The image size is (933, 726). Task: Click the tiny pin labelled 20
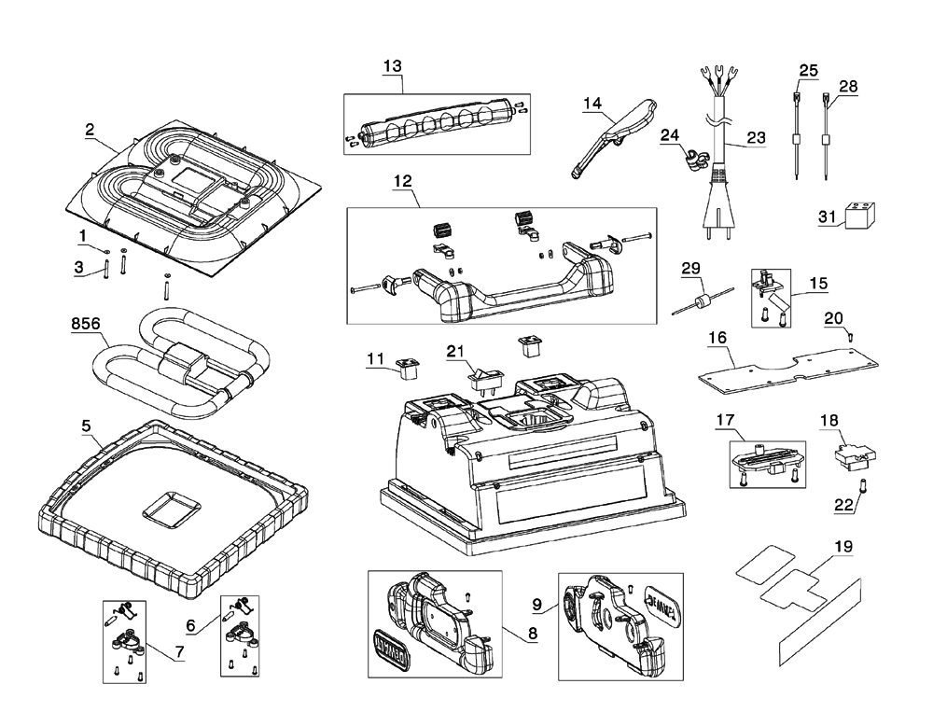click(x=851, y=334)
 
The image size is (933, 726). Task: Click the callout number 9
click(x=537, y=605)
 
